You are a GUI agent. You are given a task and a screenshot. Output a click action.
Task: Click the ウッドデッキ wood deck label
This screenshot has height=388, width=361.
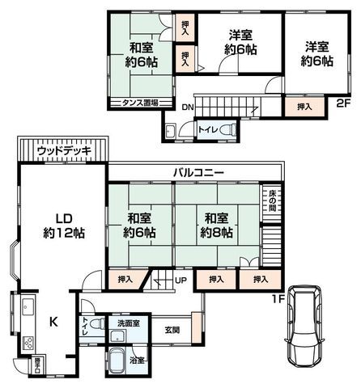click(x=59, y=150)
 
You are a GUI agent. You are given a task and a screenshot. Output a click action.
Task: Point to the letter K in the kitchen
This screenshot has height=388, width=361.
click(x=54, y=322)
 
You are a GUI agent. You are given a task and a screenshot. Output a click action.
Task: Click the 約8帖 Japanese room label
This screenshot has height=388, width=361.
click(x=217, y=226)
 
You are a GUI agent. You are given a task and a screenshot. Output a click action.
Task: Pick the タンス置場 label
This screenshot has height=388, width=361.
click(x=140, y=103)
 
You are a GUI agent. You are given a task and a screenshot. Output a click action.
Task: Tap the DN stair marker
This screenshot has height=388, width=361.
click(x=188, y=107)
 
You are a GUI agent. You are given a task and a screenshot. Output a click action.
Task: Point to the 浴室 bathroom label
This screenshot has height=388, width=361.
click(x=138, y=361)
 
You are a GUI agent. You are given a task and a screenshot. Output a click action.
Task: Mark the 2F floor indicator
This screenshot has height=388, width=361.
click(x=343, y=102)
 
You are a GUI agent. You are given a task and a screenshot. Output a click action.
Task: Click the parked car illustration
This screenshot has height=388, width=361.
click(x=302, y=327)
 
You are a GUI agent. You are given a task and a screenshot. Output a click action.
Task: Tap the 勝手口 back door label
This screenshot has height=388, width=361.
click(x=36, y=365)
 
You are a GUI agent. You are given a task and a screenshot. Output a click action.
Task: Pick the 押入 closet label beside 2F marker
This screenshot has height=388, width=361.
click(x=302, y=106)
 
